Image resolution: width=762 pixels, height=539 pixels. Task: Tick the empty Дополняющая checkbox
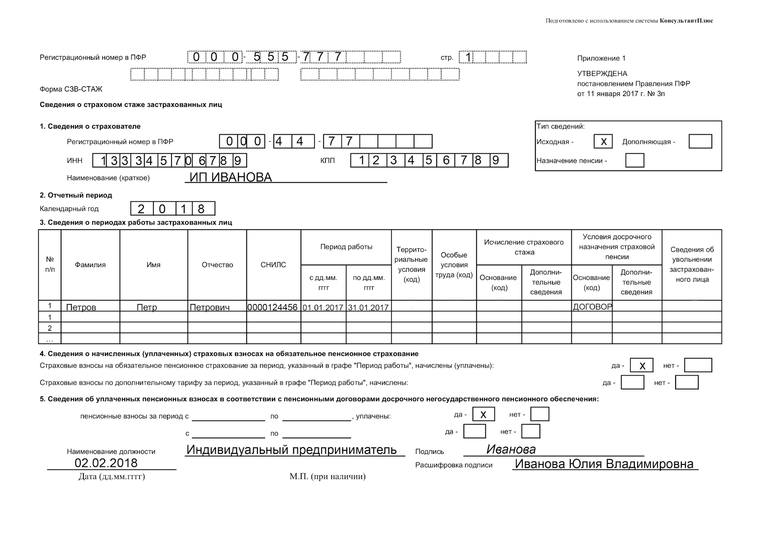pyautogui.click(x=700, y=142)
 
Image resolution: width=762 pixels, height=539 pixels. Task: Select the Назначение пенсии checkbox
pyautogui.click(x=634, y=161)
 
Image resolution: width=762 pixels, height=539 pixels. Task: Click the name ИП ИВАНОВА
pyautogui.click(x=231, y=177)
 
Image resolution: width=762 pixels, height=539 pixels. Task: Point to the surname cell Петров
pyautogui.click(x=81, y=307)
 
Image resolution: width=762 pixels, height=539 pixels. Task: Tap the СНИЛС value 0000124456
pyautogui.click(x=273, y=307)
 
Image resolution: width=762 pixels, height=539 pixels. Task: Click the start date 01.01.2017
pyautogui.click(x=323, y=307)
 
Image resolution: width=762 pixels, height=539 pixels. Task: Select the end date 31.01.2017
pyautogui.click(x=368, y=307)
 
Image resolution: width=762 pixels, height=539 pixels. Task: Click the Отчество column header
pyautogui.click(x=217, y=265)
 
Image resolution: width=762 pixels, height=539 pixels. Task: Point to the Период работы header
pyautogui.click(x=346, y=247)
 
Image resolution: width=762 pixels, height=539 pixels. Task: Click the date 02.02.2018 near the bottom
pyautogui.click(x=106, y=463)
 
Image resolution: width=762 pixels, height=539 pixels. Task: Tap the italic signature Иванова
pyautogui.click(x=511, y=449)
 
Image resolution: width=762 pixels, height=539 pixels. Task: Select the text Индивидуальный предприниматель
pyautogui.click(x=292, y=450)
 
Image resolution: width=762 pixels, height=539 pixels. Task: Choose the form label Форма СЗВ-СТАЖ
pyautogui.click(x=71, y=89)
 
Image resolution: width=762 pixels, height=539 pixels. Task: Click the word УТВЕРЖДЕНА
pyautogui.click(x=602, y=74)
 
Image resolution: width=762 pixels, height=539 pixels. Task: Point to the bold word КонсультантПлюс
pyautogui.click(x=686, y=21)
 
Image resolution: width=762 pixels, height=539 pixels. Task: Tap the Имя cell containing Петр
pyautogui.click(x=147, y=307)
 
